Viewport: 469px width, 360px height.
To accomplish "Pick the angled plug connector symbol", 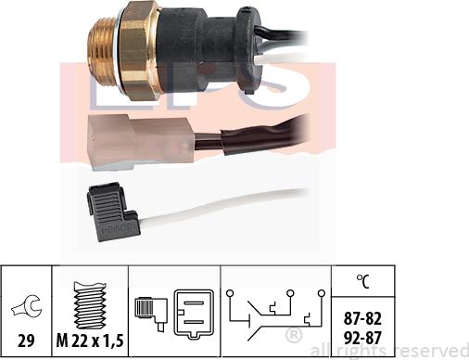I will coord(151,306).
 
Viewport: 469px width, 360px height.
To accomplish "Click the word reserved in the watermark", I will coord(426,350).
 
